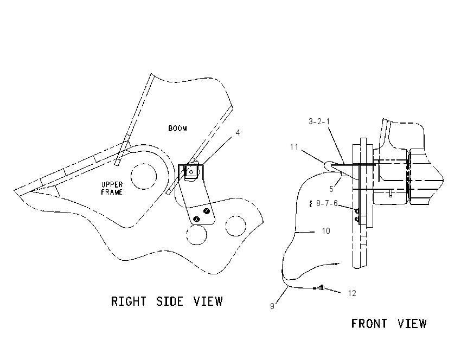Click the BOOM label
177,128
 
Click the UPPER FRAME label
112,188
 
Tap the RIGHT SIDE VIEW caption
167,301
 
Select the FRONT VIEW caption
389,324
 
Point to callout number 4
238,133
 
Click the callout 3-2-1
319,121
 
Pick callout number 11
294,146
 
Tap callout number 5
331,189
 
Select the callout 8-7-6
326,203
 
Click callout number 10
326,231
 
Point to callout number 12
352,293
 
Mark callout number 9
272,306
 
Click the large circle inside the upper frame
144,176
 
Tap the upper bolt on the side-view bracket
207,211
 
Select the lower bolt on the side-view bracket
196,219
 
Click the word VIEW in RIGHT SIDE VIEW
208,301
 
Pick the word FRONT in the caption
369,324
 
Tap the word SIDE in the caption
170,301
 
